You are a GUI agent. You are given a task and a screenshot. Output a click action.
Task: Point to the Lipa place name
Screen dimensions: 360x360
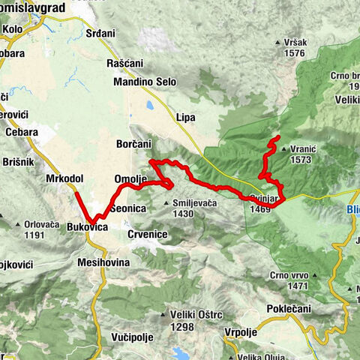pyautogui.click(x=185, y=117)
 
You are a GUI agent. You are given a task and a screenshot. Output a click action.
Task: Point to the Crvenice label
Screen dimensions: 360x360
pyautogui.click(x=147, y=235)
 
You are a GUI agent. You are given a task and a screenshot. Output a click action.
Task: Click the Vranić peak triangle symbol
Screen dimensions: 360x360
pyautogui.click(x=283, y=148)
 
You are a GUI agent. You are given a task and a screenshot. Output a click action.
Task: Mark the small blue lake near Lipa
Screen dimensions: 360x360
pyautogui.click(x=151, y=106)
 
